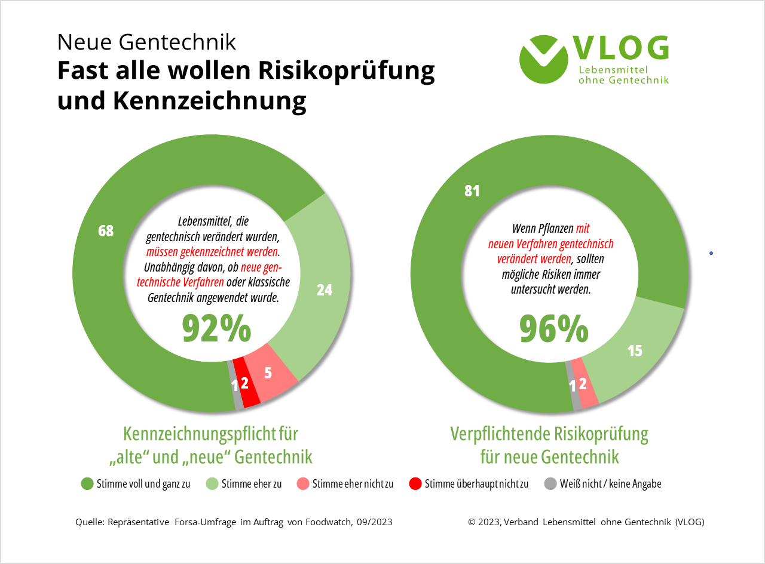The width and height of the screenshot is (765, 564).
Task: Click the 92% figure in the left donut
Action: tap(216, 329)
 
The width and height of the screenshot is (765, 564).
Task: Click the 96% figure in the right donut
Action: tap(554, 329)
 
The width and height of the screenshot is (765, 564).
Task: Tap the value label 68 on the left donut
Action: tap(106, 231)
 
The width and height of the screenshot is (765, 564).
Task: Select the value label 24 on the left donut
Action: tap(325, 290)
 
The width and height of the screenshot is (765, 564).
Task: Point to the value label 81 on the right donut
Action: tap(472, 191)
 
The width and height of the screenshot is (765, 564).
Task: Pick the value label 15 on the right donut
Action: tap(635, 351)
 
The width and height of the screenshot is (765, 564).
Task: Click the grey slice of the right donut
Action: tap(574, 387)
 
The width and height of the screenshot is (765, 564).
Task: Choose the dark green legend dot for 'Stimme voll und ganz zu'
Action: tap(87, 484)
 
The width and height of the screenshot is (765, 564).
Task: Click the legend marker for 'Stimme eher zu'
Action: tap(213, 484)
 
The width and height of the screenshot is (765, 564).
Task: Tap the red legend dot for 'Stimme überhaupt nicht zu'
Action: tap(415, 484)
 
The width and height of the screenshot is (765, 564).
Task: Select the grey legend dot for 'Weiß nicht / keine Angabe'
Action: tap(550, 484)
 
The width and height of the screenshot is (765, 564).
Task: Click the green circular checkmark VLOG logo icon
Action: tap(543, 59)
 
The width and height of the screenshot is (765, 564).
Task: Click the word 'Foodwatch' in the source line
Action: tap(329, 522)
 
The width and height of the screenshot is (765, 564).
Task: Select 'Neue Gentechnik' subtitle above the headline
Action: tap(146, 42)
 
